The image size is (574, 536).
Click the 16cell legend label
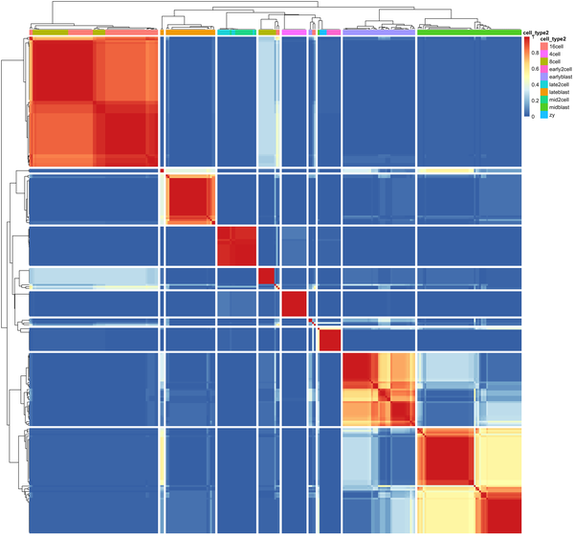click(x=554, y=46)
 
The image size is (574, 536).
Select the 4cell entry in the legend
click(x=553, y=55)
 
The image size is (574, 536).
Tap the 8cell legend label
click(x=553, y=62)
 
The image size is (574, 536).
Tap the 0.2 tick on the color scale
click(x=535, y=100)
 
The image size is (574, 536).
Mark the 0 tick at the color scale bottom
click(x=533, y=115)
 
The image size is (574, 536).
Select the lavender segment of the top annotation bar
click(x=364, y=33)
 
